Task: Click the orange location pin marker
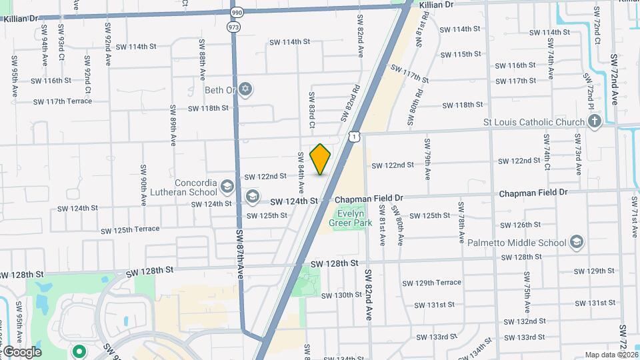[321, 159]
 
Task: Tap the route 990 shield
[237, 13]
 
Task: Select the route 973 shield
[233, 27]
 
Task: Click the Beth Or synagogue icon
[245, 89]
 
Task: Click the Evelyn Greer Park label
[353, 219]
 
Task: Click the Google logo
[21, 351]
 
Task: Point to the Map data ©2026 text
[611, 355]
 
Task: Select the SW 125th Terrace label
[130, 229]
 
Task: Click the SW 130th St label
[341, 295]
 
